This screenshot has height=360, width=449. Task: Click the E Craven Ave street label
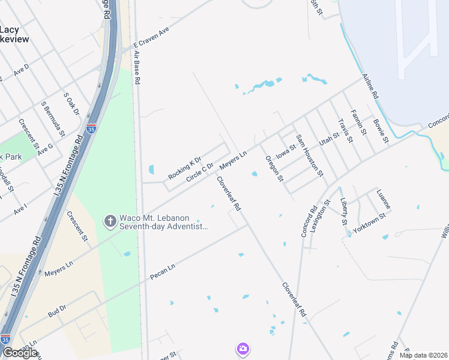152,37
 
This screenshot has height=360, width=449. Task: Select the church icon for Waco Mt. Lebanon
110,221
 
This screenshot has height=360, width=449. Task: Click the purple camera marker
243,349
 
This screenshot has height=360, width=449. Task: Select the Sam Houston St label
310,155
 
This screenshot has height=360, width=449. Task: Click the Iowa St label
286,151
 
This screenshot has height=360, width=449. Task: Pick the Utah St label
329,139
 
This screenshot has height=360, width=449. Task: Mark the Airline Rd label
370,86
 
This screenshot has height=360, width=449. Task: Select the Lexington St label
325,212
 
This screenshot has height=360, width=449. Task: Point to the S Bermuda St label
52,116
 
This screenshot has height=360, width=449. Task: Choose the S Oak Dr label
71,104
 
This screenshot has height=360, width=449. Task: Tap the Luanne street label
383,199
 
